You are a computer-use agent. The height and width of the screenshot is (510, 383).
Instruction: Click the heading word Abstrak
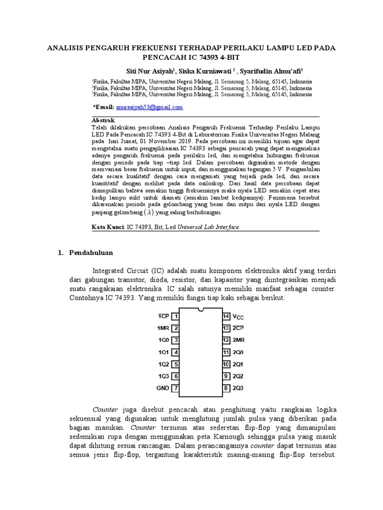104,121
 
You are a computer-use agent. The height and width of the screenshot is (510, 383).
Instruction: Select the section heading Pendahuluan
91,253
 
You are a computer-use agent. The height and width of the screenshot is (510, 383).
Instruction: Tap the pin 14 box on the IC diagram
226,316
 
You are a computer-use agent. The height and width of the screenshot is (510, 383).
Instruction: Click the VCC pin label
239,317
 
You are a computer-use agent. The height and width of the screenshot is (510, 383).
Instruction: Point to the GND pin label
163,388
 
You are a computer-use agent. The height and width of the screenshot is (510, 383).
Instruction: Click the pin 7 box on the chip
176,388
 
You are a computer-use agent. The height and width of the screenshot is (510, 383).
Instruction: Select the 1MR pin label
163,328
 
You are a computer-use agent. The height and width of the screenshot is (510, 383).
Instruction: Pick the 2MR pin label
239,340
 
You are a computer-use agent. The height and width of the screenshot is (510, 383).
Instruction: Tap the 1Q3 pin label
163,376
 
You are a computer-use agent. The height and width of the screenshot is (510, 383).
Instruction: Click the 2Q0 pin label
239,352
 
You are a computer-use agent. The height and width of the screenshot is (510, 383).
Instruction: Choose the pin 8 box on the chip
226,388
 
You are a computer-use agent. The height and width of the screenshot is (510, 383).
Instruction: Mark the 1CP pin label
163,316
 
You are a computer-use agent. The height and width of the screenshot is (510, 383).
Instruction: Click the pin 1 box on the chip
176,316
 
